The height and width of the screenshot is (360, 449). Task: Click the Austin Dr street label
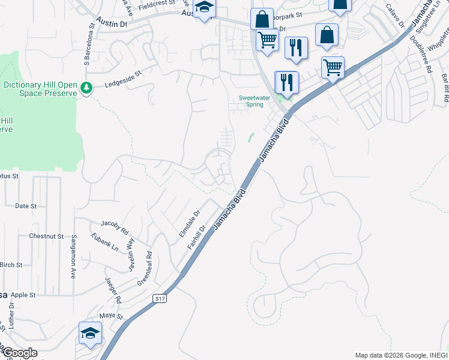(x=115, y=24)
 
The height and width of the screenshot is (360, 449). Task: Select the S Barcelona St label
(x=89, y=44)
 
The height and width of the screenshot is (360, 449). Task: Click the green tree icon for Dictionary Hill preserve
(x=86, y=88)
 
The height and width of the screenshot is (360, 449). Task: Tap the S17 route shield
(x=159, y=298)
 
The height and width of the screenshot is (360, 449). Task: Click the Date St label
(x=26, y=206)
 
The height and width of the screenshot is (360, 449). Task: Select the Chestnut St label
(x=46, y=236)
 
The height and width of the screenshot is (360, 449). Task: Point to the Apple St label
(x=24, y=295)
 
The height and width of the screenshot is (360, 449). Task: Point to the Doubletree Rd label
(x=421, y=53)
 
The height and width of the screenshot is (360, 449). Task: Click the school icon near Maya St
(x=90, y=334)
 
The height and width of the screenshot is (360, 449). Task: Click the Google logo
(x=19, y=353)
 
